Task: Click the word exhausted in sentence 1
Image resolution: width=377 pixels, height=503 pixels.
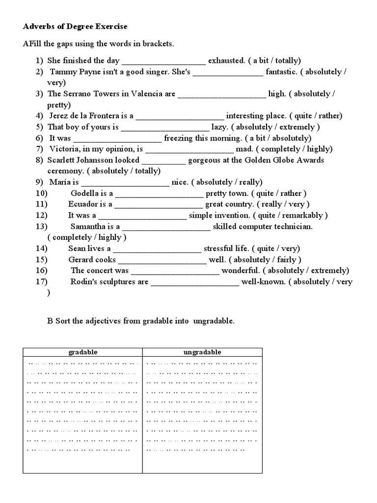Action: (226, 61)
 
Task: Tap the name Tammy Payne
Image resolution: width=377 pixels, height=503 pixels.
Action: (72, 72)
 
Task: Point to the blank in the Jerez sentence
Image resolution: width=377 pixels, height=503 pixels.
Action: (180, 116)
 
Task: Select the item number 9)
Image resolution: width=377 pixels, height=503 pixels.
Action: (40, 182)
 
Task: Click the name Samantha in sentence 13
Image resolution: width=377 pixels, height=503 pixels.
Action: (89, 226)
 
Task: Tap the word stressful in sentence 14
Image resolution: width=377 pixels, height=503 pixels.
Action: (221, 249)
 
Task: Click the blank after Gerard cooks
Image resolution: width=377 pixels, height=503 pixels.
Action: (162, 260)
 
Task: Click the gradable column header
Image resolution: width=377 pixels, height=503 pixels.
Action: (82, 352)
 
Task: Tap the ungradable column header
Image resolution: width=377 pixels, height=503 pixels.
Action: (202, 352)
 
